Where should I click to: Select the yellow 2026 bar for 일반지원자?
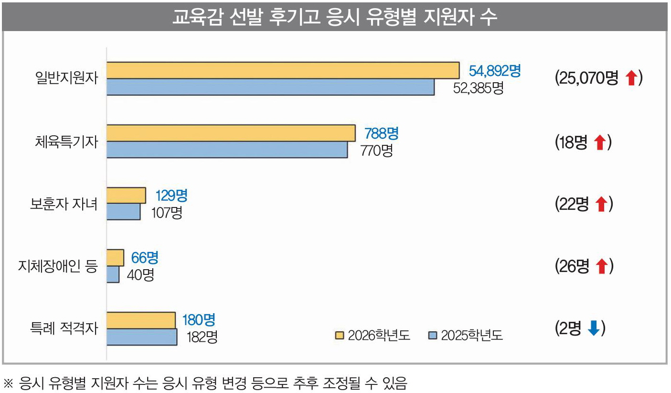[x=282, y=70]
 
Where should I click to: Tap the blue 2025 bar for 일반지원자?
[x=270, y=87]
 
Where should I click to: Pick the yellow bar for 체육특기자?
[x=230, y=133]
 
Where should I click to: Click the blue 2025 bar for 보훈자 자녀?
[x=123, y=212]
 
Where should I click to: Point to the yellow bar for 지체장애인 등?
[x=115, y=258]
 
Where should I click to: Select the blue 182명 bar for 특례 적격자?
[x=141, y=336]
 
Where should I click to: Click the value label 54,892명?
[x=494, y=71]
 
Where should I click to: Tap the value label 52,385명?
[x=478, y=88]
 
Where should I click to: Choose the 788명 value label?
[x=381, y=133]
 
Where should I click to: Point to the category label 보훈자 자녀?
[x=64, y=205]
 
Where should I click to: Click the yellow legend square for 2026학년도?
[x=339, y=335]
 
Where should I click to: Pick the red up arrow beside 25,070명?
[x=631, y=78]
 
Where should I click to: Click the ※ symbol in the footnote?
[x=9, y=383]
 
